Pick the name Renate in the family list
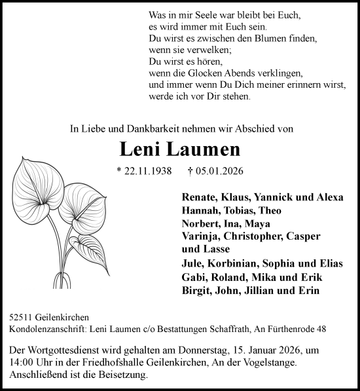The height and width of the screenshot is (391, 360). [x=195, y=197]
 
